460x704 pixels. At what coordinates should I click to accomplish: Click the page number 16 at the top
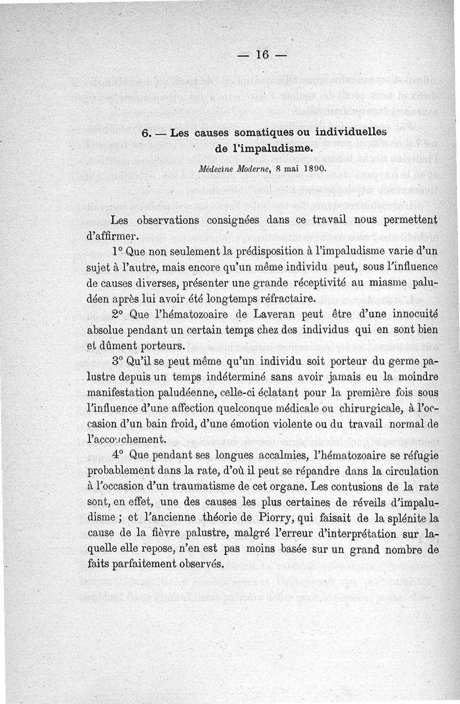coord(262,55)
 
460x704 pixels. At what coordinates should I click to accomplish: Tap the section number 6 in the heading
coord(145,133)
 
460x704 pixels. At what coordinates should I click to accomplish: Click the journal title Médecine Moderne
coord(227,170)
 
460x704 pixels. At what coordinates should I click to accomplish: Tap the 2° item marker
coord(118,315)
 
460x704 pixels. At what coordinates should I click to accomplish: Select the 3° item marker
coord(118,362)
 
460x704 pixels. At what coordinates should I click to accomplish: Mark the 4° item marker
coord(118,455)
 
